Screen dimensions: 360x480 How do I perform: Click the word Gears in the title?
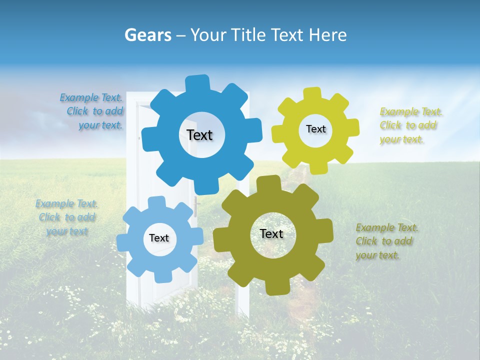[x=148, y=35]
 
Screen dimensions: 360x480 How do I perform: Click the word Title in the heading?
[x=249, y=35]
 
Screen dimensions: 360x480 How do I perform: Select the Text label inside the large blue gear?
[x=199, y=135]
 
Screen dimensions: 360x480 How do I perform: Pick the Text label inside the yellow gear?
[x=315, y=129]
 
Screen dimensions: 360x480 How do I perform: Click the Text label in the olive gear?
[x=271, y=233]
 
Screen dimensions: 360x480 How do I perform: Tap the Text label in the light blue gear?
[x=159, y=238]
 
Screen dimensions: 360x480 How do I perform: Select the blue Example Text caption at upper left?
[x=92, y=111]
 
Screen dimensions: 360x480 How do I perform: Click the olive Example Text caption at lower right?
[x=386, y=241]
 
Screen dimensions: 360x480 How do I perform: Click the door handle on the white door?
[x=197, y=205]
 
